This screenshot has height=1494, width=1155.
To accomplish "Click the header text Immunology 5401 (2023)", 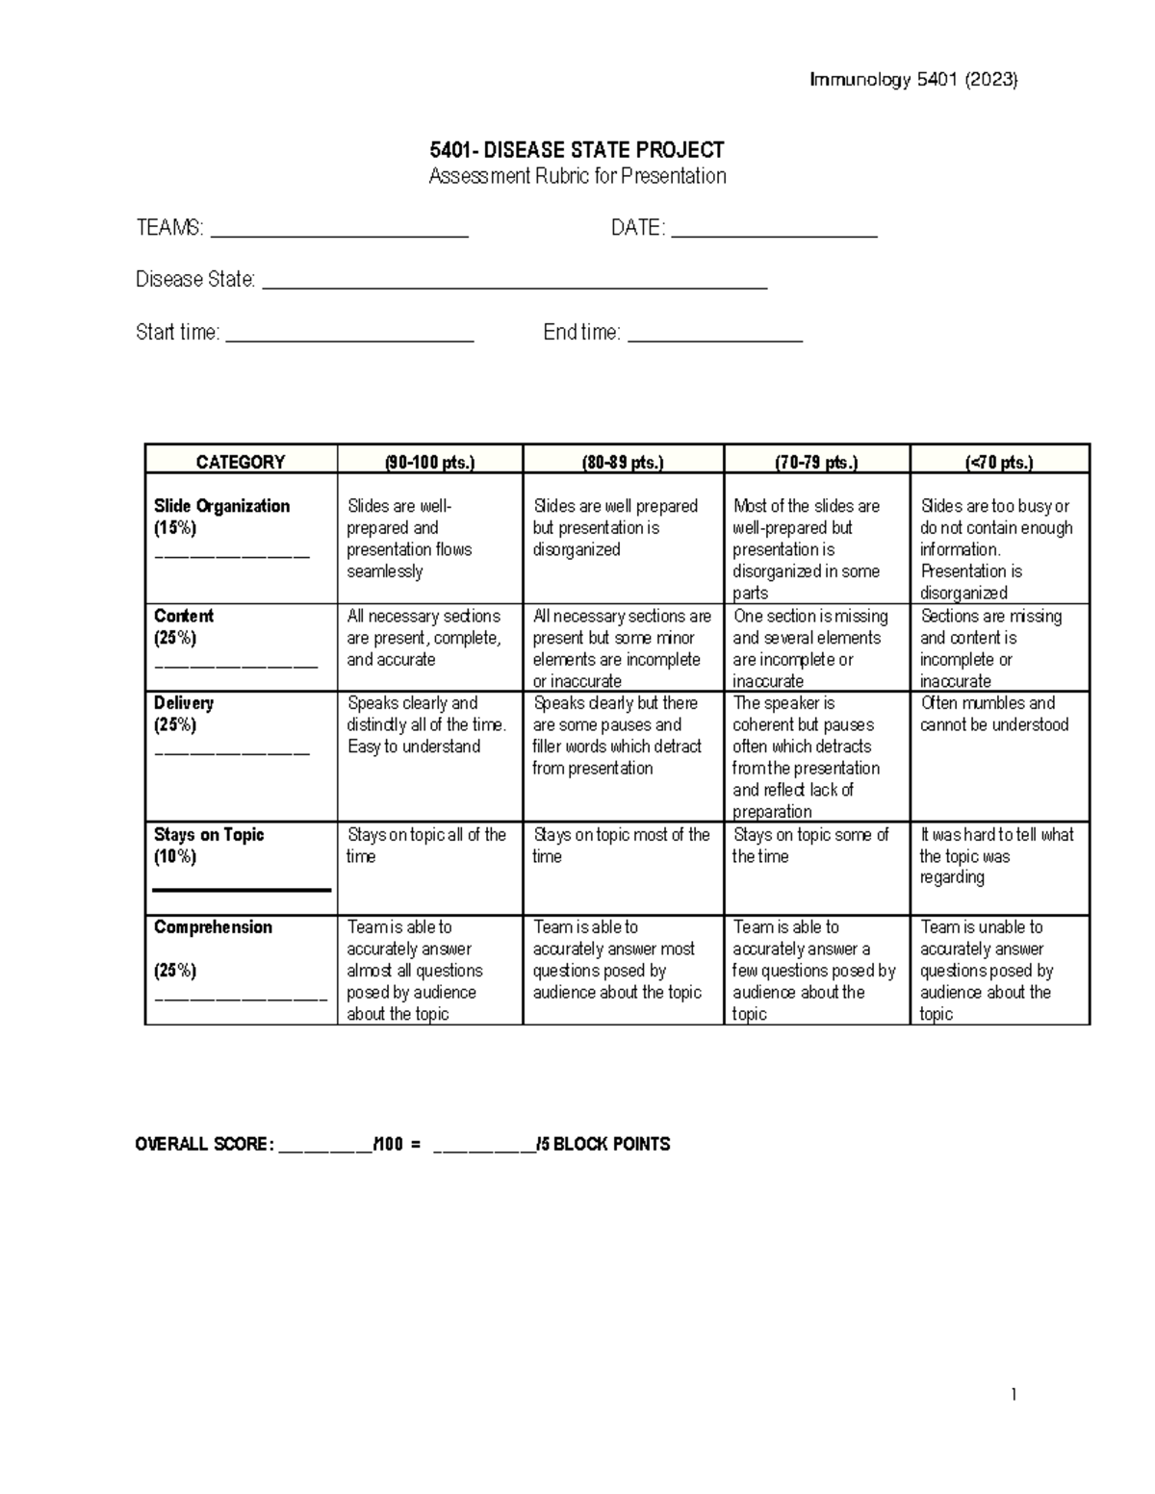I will [913, 80].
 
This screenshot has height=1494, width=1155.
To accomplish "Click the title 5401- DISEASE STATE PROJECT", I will [577, 150].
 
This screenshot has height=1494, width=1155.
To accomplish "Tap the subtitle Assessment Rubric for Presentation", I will [577, 176].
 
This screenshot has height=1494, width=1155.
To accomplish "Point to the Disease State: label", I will [195, 280].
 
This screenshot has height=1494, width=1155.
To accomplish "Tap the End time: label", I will [581, 333].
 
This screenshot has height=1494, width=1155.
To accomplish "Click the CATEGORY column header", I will [241, 462].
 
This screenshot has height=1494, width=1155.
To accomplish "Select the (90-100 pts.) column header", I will [429, 462].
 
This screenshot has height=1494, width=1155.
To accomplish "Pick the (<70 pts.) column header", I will [999, 462].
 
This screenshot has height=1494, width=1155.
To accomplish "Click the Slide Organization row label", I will [221, 506].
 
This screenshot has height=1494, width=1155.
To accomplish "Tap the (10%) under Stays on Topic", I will [175, 856].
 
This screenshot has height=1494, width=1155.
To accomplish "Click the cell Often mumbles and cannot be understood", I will [994, 714].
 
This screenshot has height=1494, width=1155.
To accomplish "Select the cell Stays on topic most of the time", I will [621, 845].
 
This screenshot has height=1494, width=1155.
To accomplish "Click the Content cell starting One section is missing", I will [808, 647].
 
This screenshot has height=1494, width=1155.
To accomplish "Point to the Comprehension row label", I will [213, 927].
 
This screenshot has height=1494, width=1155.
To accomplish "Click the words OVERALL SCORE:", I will [204, 1144].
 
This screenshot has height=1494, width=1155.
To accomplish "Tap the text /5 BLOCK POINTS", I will [603, 1144].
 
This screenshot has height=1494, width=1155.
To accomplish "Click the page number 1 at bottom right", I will [1014, 1395].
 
